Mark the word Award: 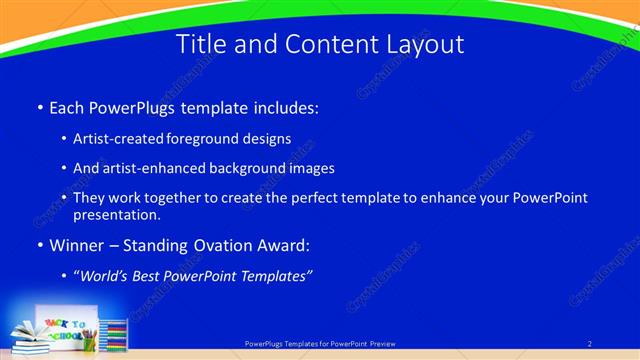point(284,245)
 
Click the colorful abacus point(114,335)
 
